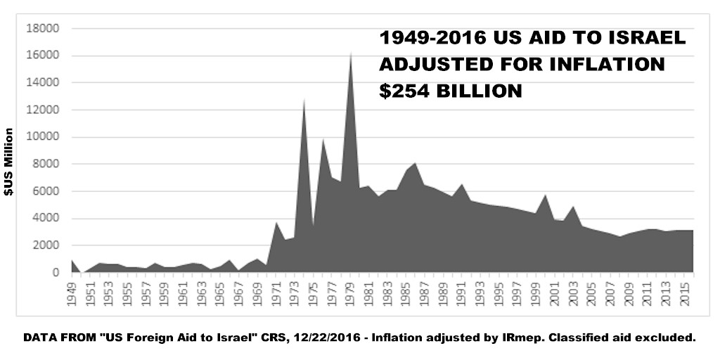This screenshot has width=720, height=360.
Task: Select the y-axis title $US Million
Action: click(x=9, y=163)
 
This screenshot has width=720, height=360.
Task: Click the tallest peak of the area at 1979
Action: click(x=350, y=53)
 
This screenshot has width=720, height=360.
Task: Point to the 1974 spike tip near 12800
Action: click(x=304, y=99)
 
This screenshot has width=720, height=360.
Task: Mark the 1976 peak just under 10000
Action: click(x=323, y=139)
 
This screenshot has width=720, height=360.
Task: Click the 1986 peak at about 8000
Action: click(x=415, y=163)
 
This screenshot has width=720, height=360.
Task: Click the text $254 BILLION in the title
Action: click(x=451, y=91)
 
